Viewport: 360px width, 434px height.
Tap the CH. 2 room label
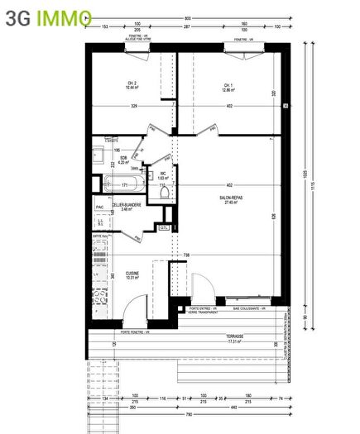(x=132, y=83)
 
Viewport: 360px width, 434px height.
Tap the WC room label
(x=164, y=174)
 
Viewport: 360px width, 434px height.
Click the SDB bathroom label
(x=123, y=158)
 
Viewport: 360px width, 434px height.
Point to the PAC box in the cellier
(x=99, y=207)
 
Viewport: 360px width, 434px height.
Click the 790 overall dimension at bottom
(x=190, y=414)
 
